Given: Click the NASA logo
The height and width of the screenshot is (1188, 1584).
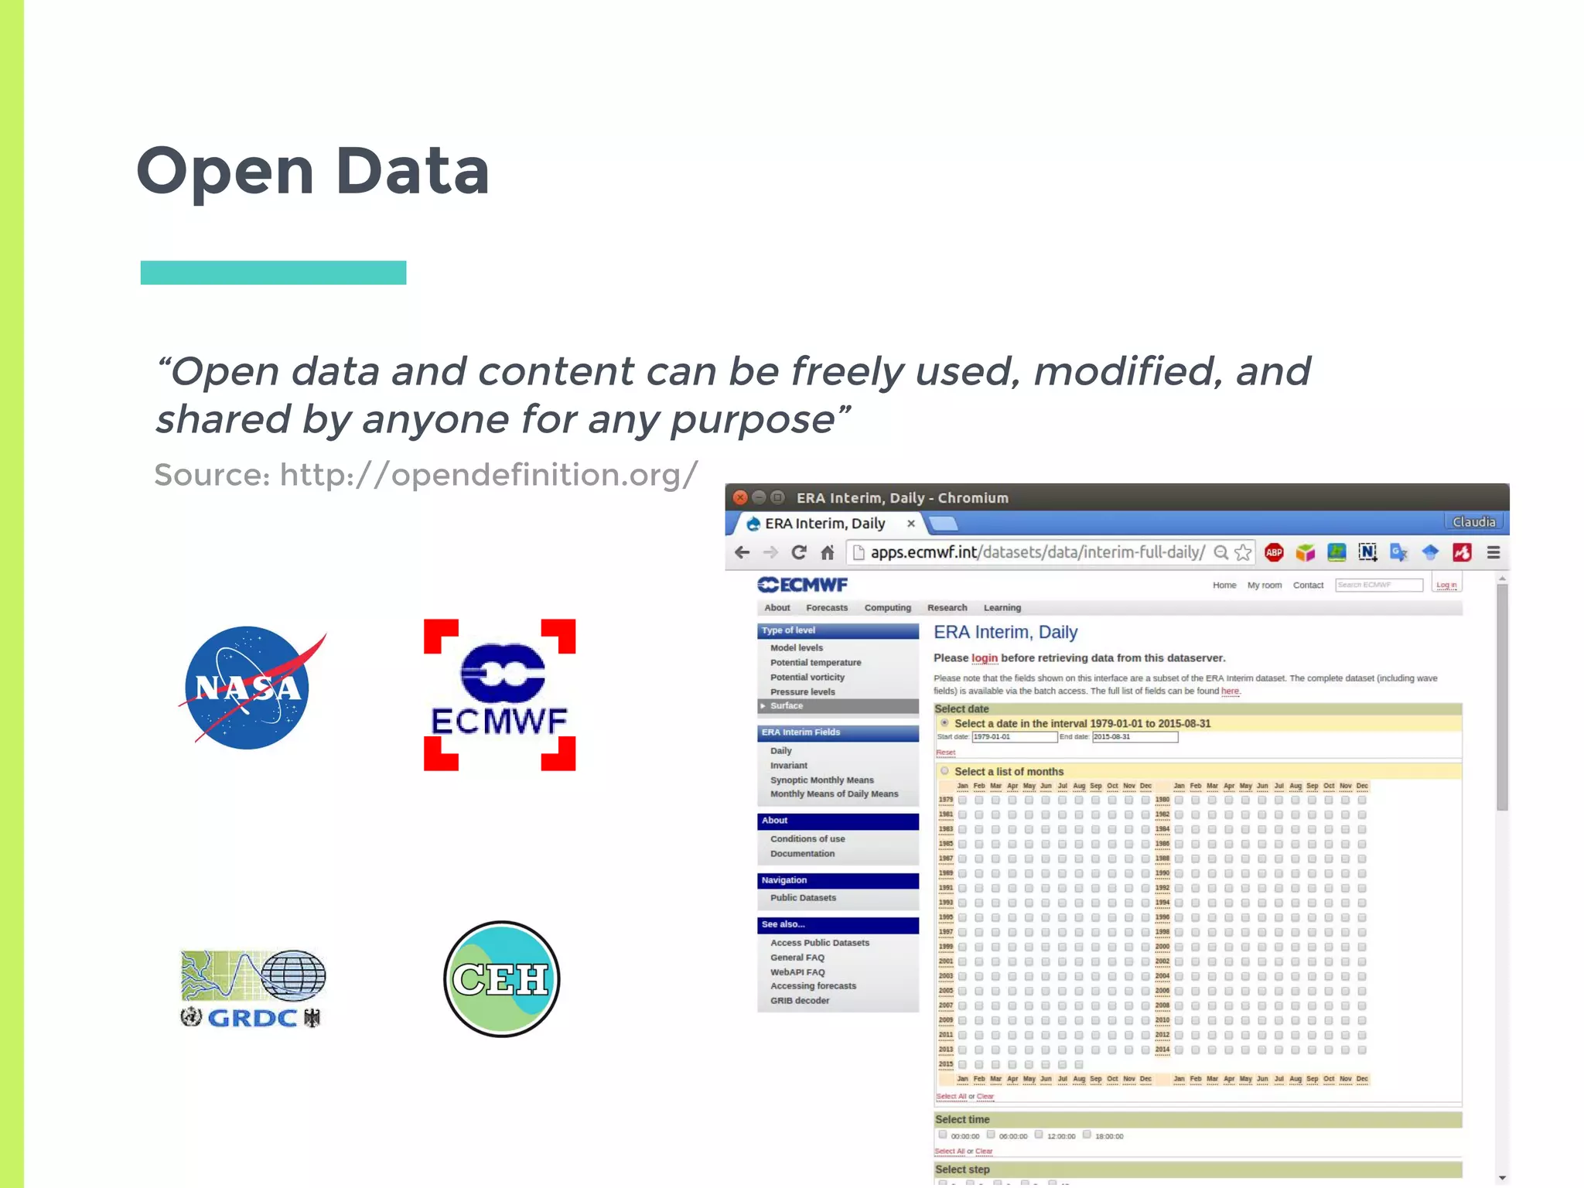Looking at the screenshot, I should pos(247,688).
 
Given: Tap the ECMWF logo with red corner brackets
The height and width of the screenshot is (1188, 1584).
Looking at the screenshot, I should pos(500,695).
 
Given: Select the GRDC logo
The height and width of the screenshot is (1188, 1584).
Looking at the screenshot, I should pos(252,988).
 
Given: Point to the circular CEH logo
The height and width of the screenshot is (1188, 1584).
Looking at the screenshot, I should pos(501,978).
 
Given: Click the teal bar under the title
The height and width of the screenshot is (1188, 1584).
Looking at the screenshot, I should pos(273,272).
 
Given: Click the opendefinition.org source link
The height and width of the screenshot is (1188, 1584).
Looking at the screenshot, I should pos(489,475).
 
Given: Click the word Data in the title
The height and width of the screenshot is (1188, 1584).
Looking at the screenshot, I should pos(412,171).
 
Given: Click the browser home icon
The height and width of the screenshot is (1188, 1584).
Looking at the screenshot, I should pos(828,552).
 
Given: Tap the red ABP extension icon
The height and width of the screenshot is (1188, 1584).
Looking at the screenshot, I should pos(1274,552).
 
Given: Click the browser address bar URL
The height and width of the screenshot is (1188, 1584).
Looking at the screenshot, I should pos(1036,552).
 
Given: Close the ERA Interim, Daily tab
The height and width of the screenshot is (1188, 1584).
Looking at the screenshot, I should pos(911,524).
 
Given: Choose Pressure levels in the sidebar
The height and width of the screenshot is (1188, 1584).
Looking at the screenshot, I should pos(802,691).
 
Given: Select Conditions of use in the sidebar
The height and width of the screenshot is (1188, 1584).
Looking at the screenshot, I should pos(807,838).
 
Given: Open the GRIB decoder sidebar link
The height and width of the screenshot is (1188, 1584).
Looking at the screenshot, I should pos(799,1000).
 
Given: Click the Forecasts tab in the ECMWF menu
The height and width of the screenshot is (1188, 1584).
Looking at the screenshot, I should pos(826,608).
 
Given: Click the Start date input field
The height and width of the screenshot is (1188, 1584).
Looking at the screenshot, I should pos(1014,737).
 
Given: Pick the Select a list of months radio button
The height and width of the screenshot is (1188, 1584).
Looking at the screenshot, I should pos(944,771).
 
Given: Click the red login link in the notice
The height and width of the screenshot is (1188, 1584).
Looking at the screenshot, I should pos(984,658).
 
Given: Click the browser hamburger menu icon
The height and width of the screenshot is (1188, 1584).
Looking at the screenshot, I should pos(1494,552).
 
